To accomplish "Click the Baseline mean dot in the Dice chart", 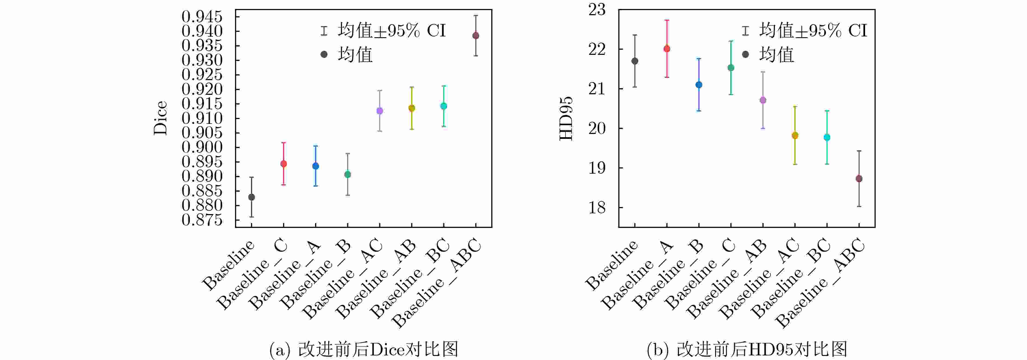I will point(252,197).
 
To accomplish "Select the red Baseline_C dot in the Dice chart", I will point(283,164).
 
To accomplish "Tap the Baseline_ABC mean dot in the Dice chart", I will point(476,36).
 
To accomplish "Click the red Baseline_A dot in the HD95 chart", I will point(666,49).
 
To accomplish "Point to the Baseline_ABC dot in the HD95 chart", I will point(859,179).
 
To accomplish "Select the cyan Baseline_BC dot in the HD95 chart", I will point(827,137).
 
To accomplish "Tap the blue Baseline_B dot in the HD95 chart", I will point(699,84).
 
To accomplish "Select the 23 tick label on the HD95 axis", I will point(597,10).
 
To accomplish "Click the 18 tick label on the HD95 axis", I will point(597,207).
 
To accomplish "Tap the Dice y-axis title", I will point(160,118).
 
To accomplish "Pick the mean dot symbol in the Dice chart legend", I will point(324,54).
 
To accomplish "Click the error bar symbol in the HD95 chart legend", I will point(745,31).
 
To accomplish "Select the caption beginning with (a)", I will point(364,349).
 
